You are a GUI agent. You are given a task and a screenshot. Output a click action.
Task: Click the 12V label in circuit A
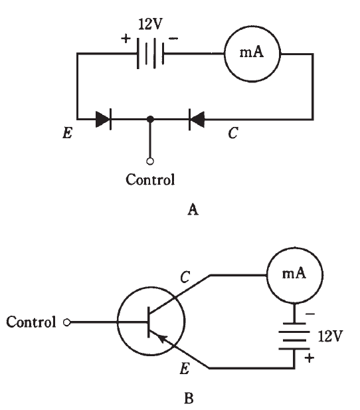(x=150, y=24)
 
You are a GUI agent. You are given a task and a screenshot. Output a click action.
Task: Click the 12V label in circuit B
(x=330, y=336)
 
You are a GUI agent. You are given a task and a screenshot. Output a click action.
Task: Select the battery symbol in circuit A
(x=151, y=53)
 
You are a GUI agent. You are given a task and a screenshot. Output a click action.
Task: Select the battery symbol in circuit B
(x=294, y=336)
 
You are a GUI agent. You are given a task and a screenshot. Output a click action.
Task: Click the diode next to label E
(x=104, y=119)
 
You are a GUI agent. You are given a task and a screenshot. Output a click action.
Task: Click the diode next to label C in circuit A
(x=197, y=119)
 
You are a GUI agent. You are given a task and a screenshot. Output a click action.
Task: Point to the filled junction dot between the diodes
(x=150, y=119)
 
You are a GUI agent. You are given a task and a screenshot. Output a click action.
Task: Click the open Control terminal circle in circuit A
(x=150, y=161)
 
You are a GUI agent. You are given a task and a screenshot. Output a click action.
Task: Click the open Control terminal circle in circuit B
(x=67, y=322)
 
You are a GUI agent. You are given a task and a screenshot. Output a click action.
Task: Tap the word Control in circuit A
(x=150, y=179)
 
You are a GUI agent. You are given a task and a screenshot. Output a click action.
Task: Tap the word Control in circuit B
(x=31, y=322)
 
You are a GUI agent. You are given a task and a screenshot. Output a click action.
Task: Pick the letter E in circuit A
(x=68, y=133)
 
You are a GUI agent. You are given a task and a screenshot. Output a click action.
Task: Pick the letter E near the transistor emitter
(x=185, y=369)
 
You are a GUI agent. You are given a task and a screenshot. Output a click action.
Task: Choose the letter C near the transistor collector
(x=185, y=276)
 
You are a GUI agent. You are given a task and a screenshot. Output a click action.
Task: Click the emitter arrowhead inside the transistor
(x=162, y=338)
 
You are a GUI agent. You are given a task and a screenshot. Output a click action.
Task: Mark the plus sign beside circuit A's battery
(x=126, y=39)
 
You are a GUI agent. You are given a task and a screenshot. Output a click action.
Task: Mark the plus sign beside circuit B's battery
(x=310, y=358)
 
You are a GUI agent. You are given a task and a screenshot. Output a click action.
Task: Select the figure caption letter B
(x=189, y=399)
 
